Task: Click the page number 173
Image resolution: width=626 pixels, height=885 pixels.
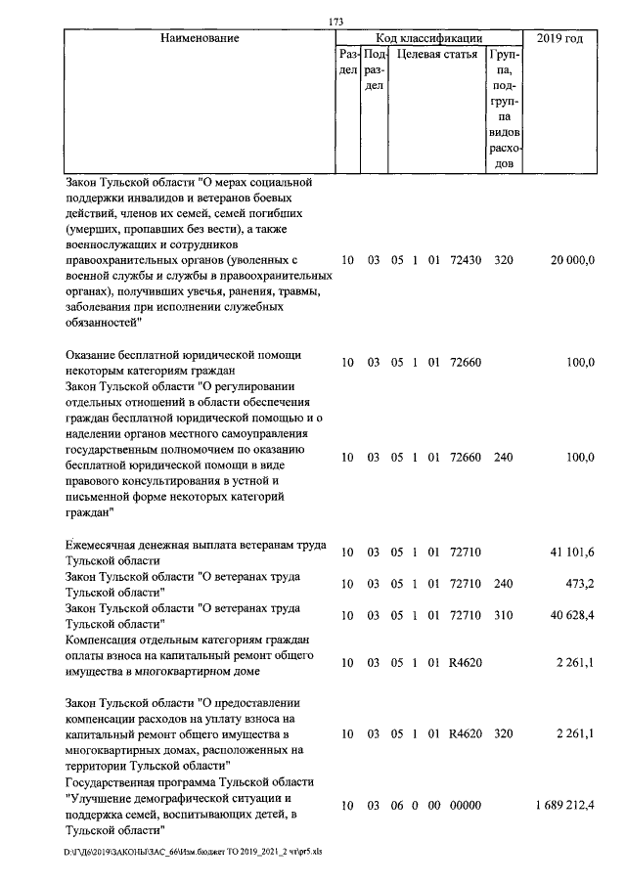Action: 336,22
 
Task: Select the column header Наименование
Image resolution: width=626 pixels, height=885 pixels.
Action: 200,38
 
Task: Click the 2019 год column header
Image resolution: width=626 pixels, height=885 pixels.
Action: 560,38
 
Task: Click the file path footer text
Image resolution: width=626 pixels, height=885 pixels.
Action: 193,852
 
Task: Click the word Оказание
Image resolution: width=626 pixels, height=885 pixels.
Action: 93,355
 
